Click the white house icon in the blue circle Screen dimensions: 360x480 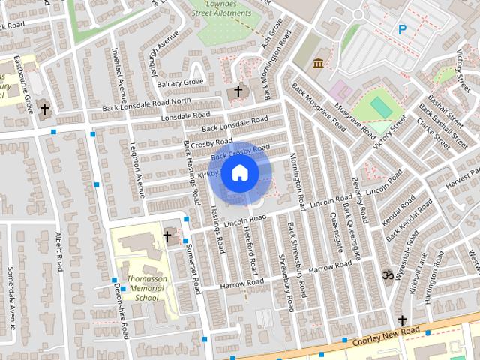point(239,173)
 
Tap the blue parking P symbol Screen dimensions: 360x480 point(403,29)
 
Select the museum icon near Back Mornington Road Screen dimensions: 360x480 point(319,63)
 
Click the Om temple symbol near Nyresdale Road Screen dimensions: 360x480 point(387,276)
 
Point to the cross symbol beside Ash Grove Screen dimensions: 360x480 point(238,91)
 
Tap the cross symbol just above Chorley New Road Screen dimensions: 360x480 point(402,320)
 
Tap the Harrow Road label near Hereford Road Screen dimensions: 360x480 point(242,283)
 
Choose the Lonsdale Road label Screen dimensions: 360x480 point(183,117)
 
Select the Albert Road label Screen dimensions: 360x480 point(58,251)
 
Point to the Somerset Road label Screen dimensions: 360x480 point(194,271)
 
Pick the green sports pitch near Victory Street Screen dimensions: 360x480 point(380,108)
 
